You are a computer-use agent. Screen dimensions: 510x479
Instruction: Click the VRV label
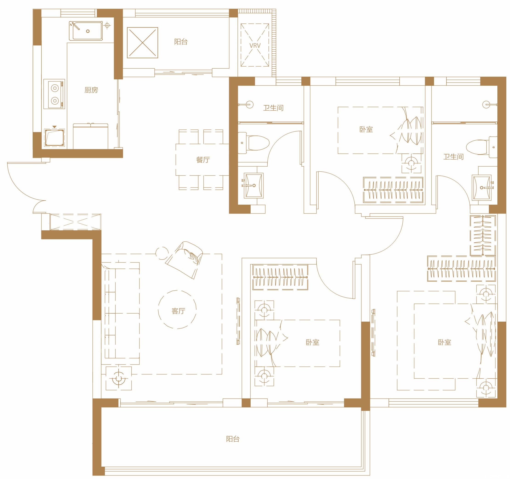255,46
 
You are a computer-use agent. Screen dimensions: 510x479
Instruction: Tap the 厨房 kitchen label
91,90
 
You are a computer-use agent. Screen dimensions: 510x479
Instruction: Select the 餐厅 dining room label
203,160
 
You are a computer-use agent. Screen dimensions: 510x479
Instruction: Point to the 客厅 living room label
178,311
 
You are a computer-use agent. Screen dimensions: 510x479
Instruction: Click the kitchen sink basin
86,31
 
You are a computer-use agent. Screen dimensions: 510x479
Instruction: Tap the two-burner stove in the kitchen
54,94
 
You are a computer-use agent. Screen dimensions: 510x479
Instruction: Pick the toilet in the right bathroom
482,147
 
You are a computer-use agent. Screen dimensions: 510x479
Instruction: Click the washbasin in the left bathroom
253,186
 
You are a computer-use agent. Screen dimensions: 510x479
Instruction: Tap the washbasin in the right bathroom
482,188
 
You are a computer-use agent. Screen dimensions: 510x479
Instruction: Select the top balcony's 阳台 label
181,42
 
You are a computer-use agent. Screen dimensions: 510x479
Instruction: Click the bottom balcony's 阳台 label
233,439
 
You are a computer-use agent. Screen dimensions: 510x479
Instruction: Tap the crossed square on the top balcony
142,43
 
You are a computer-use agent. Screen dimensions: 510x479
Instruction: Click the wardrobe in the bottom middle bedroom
280,277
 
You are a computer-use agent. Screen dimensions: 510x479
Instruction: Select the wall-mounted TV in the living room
238,321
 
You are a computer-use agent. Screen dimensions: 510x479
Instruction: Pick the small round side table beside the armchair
162,253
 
